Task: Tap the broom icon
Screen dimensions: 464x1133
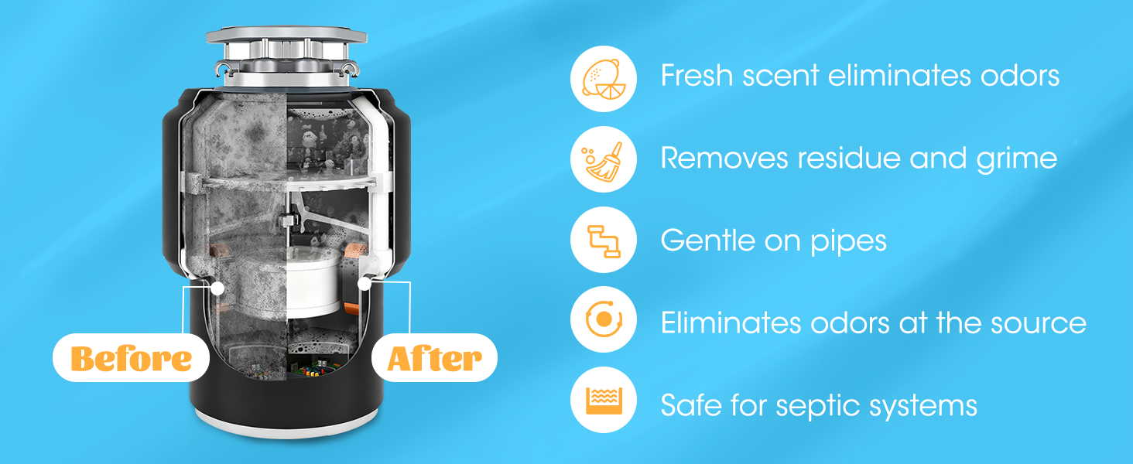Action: [604, 159]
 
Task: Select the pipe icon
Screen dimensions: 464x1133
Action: [604, 240]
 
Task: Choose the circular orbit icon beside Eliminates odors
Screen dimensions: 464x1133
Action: [604, 320]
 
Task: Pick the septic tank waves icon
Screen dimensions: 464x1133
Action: [604, 401]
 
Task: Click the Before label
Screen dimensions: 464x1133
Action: [131, 359]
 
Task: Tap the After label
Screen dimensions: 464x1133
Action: [434, 359]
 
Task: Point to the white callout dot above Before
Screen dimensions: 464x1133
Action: [217, 288]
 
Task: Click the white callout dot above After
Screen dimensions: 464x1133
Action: [363, 284]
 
